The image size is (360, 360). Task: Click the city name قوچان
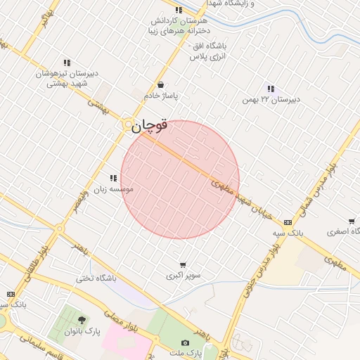pyautogui.click(x=148, y=126)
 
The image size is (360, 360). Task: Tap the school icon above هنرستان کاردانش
pyautogui.click(x=178, y=11)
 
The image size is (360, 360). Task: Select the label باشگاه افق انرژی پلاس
pyautogui.click(x=207, y=51)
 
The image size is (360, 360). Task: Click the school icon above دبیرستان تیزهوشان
pyautogui.click(x=67, y=63)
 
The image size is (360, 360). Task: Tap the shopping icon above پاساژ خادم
pyautogui.click(x=161, y=84)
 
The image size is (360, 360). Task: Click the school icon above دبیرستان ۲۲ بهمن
pyautogui.click(x=271, y=89)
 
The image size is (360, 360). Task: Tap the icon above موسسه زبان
pyautogui.click(x=113, y=178)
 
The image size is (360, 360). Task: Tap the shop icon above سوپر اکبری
pyautogui.click(x=184, y=264)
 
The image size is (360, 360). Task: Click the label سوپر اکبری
pyautogui.click(x=184, y=275)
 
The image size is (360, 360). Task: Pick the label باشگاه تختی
pyautogui.click(x=96, y=278)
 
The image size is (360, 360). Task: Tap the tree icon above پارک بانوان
pyautogui.click(x=82, y=320)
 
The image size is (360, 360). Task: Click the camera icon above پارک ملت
pyautogui.click(x=185, y=342)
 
